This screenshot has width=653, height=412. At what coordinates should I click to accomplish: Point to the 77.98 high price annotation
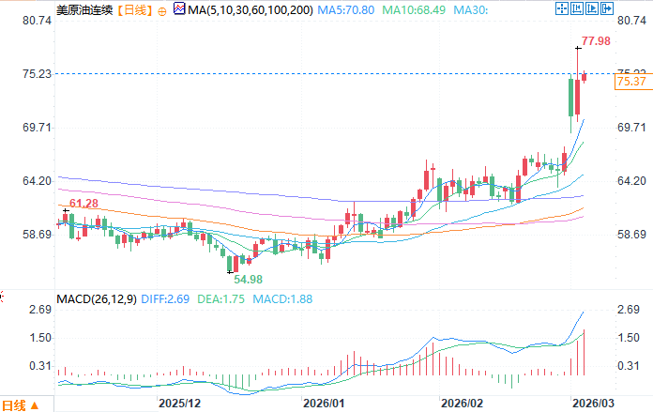coord(596,40)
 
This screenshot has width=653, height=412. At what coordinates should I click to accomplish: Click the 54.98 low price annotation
coord(247,280)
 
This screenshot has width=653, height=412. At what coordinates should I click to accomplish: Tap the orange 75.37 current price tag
coord(632,83)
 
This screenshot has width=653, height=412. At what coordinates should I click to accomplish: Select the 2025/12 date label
coord(180,402)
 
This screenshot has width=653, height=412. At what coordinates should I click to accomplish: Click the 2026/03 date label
coord(594,402)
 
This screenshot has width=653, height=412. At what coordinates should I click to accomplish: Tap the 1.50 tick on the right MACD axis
coord(630,338)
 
